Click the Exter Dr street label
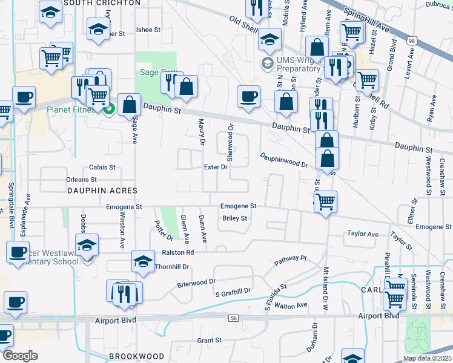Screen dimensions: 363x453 [216, 167]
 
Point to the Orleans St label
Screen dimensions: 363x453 [82, 180]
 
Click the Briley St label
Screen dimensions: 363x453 [235, 218]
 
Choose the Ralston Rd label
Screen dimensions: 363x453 [177, 252]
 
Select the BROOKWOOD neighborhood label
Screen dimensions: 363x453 [137, 356]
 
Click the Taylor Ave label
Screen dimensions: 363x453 [363, 234]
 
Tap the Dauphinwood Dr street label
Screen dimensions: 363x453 [285, 160]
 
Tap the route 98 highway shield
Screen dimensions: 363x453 [412, 41]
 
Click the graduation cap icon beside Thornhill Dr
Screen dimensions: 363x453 [143, 261]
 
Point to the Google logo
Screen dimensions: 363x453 [20, 356]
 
